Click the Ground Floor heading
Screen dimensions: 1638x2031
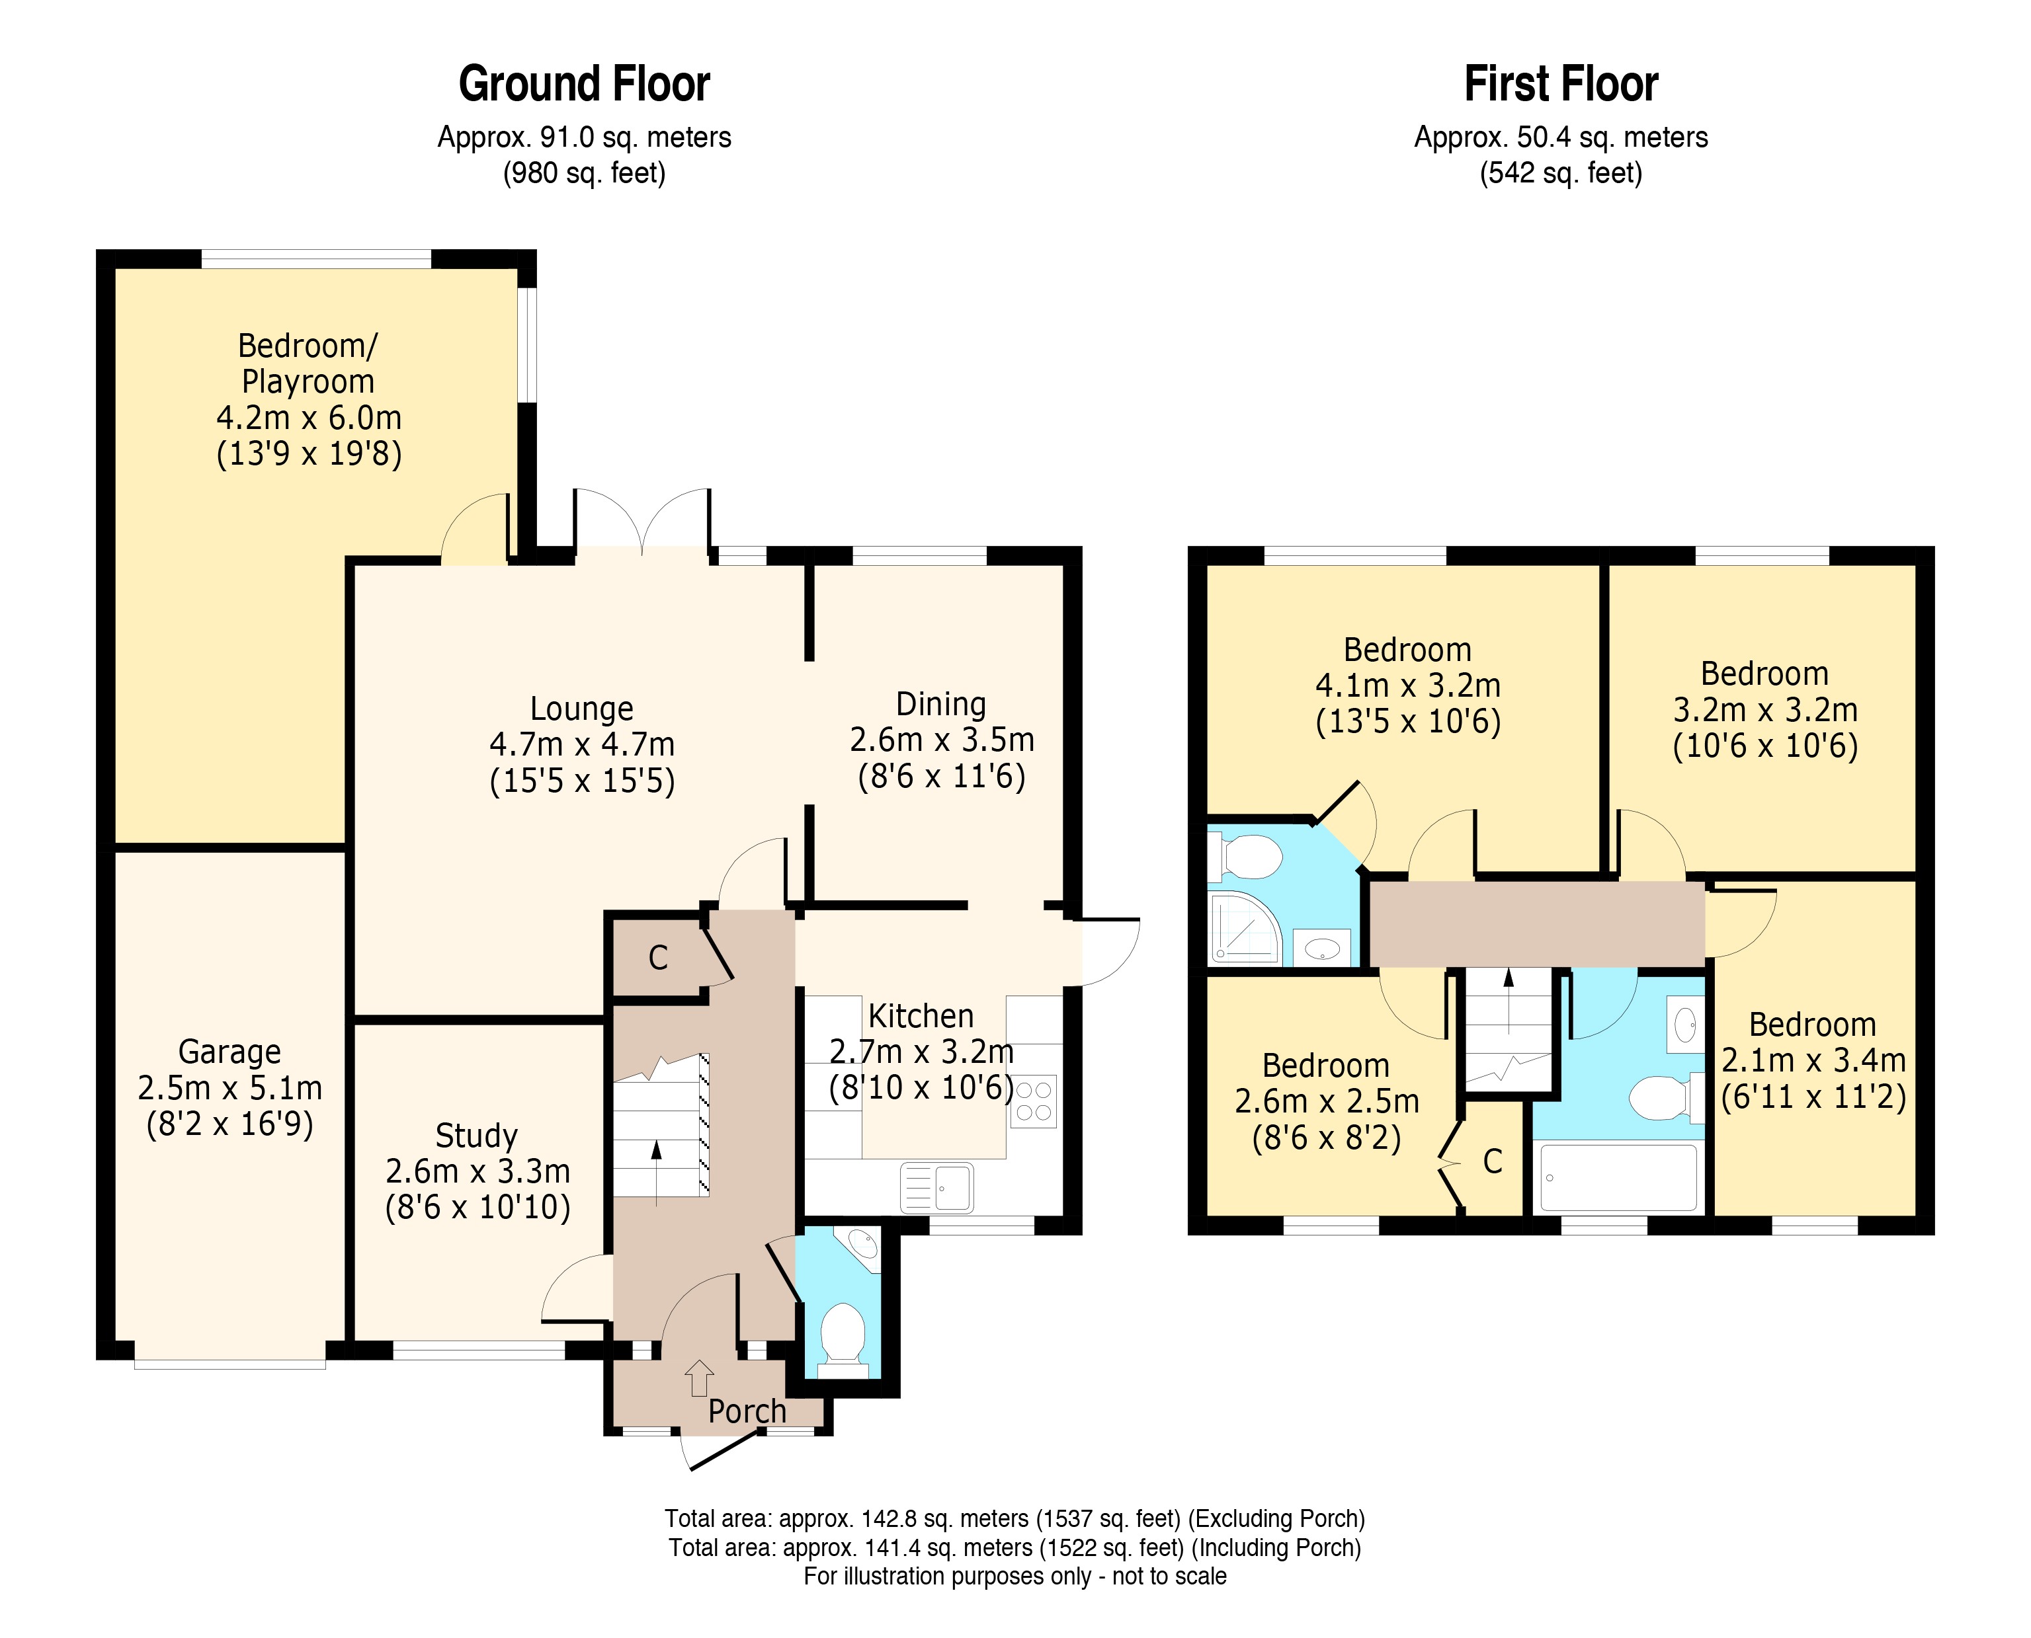pyautogui.click(x=583, y=84)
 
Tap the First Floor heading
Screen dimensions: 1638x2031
pyautogui.click(x=1560, y=84)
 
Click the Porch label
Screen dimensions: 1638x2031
pyautogui.click(x=747, y=1411)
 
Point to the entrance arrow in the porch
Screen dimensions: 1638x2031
pyautogui.click(x=698, y=1378)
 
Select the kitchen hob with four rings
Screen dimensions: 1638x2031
pyautogui.click(x=1034, y=1101)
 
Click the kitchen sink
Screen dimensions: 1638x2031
pyautogui.click(x=937, y=1187)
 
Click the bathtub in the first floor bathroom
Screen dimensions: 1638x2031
pyautogui.click(x=1618, y=1177)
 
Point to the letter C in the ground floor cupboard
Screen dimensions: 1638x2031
pyautogui.click(x=658, y=958)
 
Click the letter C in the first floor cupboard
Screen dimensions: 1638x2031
pyautogui.click(x=1492, y=1161)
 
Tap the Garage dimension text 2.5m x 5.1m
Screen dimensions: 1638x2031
pyautogui.click(x=229, y=1088)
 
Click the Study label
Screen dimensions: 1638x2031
pyautogui.click(x=477, y=1135)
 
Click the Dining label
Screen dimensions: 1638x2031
pyautogui.click(x=941, y=704)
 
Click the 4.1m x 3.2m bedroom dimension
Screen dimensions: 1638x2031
pyautogui.click(x=1407, y=685)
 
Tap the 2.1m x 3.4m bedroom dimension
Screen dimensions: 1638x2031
pyautogui.click(x=1813, y=1060)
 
